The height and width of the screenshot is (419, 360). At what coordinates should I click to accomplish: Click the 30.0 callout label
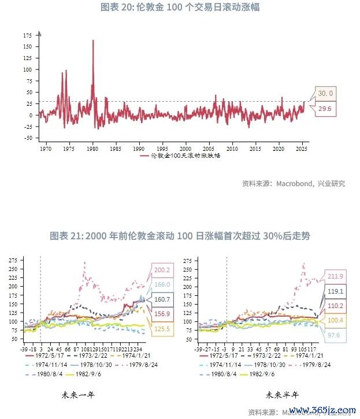click(x=326, y=93)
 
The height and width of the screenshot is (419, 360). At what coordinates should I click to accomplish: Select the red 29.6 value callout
click(x=325, y=109)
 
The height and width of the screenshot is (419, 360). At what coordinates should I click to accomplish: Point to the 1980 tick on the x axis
click(x=92, y=148)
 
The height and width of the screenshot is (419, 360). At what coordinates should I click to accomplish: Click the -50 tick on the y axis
click(x=28, y=138)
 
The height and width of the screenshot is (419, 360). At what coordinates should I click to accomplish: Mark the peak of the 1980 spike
click(x=93, y=40)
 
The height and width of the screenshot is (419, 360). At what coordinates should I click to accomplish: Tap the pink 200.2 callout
click(x=162, y=270)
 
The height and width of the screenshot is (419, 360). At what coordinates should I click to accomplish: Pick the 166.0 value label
click(x=163, y=284)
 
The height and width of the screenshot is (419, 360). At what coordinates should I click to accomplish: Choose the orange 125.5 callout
click(x=162, y=330)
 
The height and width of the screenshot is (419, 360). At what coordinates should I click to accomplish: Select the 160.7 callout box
click(x=162, y=299)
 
